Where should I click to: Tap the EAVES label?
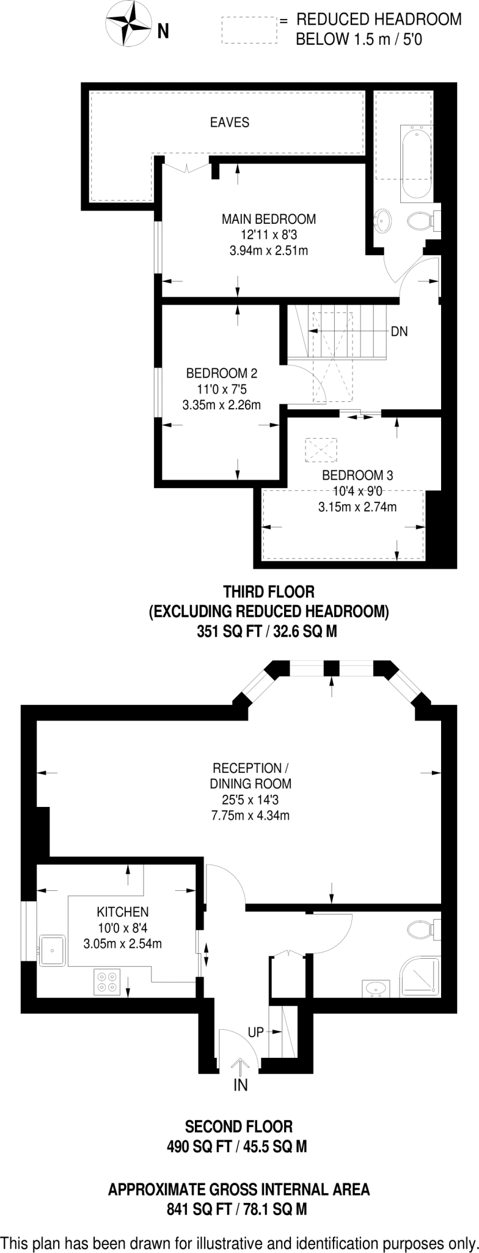[x=230, y=122]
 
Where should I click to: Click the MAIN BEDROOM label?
[x=269, y=219]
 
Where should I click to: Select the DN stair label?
[x=399, y=332]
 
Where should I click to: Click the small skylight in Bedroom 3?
[x=321, y=450]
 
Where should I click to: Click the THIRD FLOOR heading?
[x=269, y=592]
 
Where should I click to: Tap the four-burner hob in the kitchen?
[x=108, y=981]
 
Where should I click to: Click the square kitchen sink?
[x=53, y=950]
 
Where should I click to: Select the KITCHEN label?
[x=122, y=912]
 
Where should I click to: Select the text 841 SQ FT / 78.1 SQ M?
[x=236, y=1209]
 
